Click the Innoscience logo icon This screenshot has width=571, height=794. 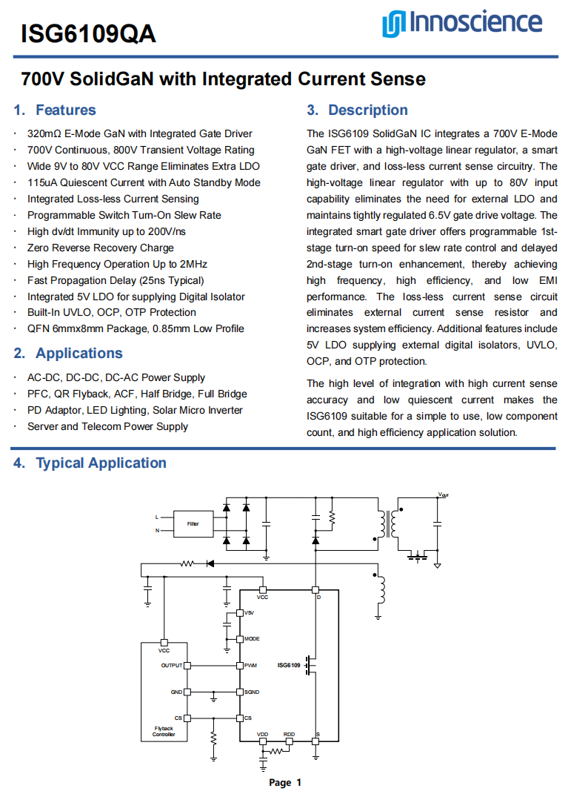pyautogui.click(x=393, y=24)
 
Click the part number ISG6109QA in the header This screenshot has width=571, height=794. pyautogui.click(x=88, y=33)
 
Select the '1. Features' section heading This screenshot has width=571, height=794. pyautogui.click(x=55, y=110)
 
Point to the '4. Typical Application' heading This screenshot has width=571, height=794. pyautogui.click(x=90, y=463)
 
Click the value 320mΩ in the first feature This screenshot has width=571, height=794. pyautogui.click(x=44, y=134)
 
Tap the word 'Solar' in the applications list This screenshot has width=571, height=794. pyautogui.click(x=164, y=411)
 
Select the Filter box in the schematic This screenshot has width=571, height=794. pyautogui.click(x=193, y=523)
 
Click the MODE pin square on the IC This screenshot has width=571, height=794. pyautogui.click(x=239, y=639)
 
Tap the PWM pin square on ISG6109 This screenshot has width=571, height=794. pyautogui.click(x=239, y=666)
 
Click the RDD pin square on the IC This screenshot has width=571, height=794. pyautogui.click(x=289, y=741)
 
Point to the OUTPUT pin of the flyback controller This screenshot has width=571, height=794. pyautogui.click(x=187, y=666)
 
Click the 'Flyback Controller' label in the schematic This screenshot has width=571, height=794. pyautogui.click(x=164, y=732)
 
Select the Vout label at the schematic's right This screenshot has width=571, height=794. pyautogui.click(x=443, y=494)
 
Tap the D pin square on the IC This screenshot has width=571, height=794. pyautogui.click(x=315, y=590)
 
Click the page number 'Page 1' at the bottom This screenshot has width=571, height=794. pyautogui.click(x=285, y=782)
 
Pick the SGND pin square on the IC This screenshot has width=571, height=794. pyautogui.click(x=239, y=692)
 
